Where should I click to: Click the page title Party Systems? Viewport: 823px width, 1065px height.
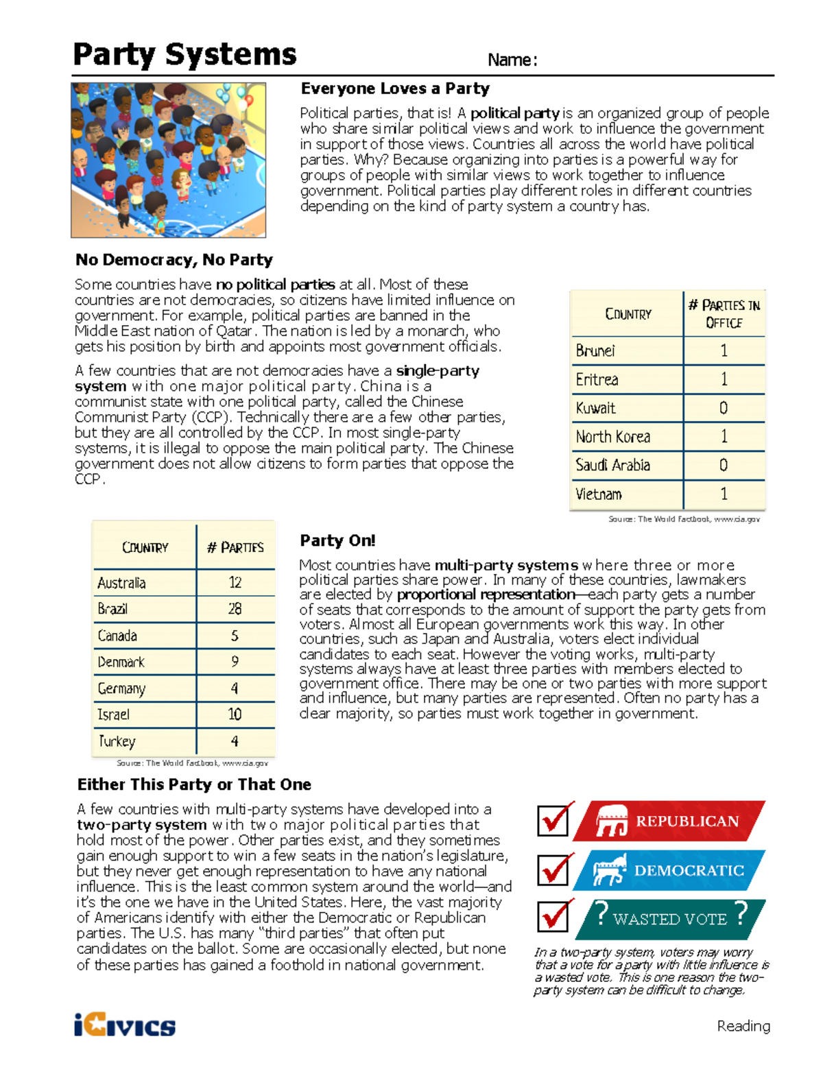(x=184, y=55)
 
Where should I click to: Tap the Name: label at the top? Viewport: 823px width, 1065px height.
(x=512, y=60)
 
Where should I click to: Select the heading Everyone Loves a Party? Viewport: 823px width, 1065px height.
(x=395, y=88)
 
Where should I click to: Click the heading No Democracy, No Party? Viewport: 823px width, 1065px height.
(x=174, y=260)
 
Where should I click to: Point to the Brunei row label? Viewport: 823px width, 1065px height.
(x=595, y=351)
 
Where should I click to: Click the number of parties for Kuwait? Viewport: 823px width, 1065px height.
(x=724, y=408)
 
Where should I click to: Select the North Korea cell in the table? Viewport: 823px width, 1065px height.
(x=612, y=437)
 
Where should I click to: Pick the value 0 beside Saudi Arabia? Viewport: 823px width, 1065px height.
(x=724, y=466)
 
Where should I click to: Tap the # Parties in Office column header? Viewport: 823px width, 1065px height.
(x=724, y=314)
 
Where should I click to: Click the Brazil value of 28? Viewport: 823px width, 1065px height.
(x=235, y=609)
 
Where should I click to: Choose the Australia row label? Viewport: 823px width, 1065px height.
(x=121, y=583)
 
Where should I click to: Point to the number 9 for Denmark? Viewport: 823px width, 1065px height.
(x=235, y=662)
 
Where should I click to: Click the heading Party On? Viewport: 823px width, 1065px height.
(x=337, y=540)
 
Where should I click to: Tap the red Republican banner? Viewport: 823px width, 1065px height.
(x=669, y=821)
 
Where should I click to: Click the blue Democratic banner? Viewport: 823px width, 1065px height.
(x=669, y=870)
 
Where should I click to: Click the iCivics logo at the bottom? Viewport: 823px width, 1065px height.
(x=125, y=1025)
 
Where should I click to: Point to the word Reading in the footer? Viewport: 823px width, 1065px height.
(x=743, y=1026)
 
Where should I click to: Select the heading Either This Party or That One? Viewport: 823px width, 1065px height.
(x=194, y=785)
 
